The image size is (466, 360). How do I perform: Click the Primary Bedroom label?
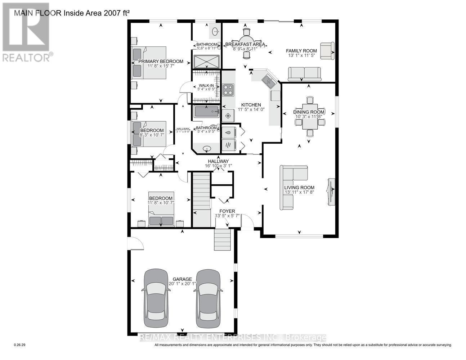click(161, 61)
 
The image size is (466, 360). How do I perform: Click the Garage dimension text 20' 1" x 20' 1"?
click(182, 284)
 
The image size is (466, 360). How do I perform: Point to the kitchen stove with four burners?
click(228, 89)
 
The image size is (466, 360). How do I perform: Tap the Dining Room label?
click(309, 112)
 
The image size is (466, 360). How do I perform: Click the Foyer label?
click(227, 211)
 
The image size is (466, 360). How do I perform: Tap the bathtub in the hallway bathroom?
click(206, 112)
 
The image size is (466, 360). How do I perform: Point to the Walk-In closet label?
click(206, 86)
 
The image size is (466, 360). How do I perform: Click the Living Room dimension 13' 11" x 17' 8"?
click(299, 192)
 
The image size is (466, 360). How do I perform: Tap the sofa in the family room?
click(304, 74)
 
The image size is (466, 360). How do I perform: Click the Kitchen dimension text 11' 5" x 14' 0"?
click(251, 109)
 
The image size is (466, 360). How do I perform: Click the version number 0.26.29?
click(20, 345)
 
